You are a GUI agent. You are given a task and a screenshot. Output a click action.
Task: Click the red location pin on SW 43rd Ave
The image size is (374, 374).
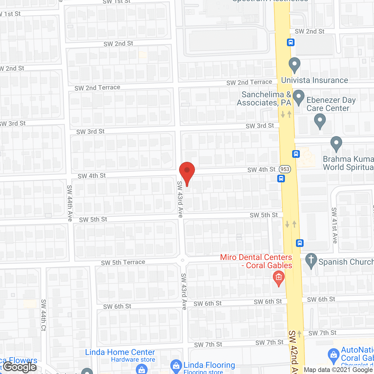[x=187, y=172]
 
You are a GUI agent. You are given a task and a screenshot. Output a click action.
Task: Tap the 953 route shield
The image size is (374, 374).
[x=285, y=169]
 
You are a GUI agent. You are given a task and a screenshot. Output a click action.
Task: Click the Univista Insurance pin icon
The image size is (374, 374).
[x=295, y=65]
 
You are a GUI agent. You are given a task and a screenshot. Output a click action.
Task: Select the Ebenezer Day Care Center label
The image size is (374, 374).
[x=331, y=104]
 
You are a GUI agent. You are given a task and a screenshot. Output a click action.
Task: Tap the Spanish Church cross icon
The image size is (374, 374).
[x=311, y=260]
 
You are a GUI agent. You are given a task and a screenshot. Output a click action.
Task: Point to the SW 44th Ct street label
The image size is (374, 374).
[x=44, y=315]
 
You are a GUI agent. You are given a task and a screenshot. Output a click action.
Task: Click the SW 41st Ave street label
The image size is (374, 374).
[x=335, y=225]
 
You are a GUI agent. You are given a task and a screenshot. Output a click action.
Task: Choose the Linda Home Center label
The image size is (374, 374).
[x=120, y=352]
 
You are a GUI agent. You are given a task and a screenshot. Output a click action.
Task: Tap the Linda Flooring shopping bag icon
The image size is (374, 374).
[x=176, y=365]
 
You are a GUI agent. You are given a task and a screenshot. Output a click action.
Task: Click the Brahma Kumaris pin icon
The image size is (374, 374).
[x=336, y=143]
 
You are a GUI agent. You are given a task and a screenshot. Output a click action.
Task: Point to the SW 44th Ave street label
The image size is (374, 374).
[x=70, y=203]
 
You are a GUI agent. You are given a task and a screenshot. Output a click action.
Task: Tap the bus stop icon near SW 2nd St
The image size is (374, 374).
[x=290, y=42]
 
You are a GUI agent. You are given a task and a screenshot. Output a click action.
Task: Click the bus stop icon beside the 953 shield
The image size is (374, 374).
[x=281, y=178]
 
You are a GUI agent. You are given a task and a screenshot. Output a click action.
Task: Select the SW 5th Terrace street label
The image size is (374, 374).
[x=123, y=262]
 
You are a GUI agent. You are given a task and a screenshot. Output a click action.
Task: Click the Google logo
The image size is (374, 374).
[x=20, y=367]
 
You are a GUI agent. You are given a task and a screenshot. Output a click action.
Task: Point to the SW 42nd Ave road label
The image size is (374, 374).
[x=293, y=352]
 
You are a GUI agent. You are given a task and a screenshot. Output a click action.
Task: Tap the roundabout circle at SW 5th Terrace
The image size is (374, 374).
[x=183, y=260]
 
